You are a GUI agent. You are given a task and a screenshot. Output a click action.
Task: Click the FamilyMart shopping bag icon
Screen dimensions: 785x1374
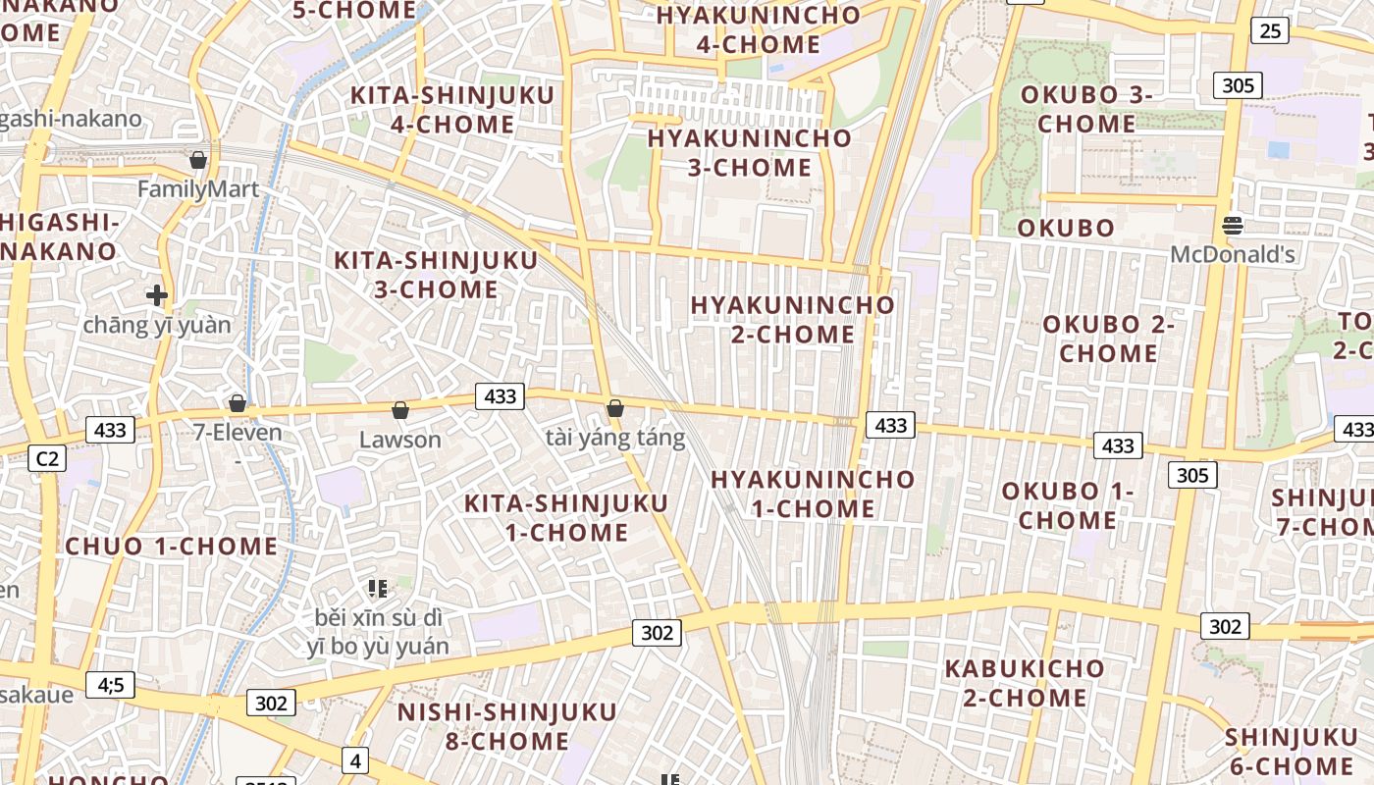pyautogui.click(x=198, y=159)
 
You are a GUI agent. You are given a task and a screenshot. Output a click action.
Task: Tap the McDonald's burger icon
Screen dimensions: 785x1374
pyautogui.click(x=1233, y=226)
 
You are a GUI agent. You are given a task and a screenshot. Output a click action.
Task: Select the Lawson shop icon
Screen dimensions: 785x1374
pyautogui.click(x=399, y=409)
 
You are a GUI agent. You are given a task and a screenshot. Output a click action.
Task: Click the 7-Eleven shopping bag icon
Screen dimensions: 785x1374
pyautogui.click(x=237, y=403)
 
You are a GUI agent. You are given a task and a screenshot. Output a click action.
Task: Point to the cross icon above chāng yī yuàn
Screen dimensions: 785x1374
pyautogui.click(x=156, y=294)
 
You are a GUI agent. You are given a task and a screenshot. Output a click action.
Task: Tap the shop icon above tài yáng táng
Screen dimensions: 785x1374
pyautogui.click(x=615, y=408)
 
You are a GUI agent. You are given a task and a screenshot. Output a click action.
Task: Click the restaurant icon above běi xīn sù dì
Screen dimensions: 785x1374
pyautogui.click(x=378, y=589)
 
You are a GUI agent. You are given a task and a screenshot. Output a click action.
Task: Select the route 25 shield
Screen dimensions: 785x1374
pyautogui.click(x=1269, y=31)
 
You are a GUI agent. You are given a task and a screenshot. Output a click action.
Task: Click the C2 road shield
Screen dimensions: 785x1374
pyautogui.click(x=47, y=458)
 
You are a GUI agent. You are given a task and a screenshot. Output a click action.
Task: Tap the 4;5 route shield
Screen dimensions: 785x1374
pyautogui.click(x=110, y=684)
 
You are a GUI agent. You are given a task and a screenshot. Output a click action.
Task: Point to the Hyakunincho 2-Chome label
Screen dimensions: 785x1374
pyautogui.click(x=792, y=319)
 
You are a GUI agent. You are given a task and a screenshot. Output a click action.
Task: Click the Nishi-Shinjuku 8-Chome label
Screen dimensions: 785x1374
pyautogui.click(x=507, y=726)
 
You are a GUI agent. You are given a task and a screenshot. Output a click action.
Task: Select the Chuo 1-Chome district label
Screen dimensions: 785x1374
pyautogui.click(x=172, y=547)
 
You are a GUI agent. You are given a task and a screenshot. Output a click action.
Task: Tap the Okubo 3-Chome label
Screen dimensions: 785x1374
pyautogui.click(x=1086, y=110)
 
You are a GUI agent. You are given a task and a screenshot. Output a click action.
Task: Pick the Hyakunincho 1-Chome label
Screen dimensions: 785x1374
pyautogui.click(x=813, y=494)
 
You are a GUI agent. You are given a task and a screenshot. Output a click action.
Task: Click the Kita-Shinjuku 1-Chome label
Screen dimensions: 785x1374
pyautogui.click(x=566, y=518)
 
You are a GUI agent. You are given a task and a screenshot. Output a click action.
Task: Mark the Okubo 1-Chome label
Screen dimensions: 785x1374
pyautogui.click(x=1067, y=505)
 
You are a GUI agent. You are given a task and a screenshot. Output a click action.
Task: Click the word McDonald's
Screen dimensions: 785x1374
pyautogui.click(x=1233, y=255)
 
